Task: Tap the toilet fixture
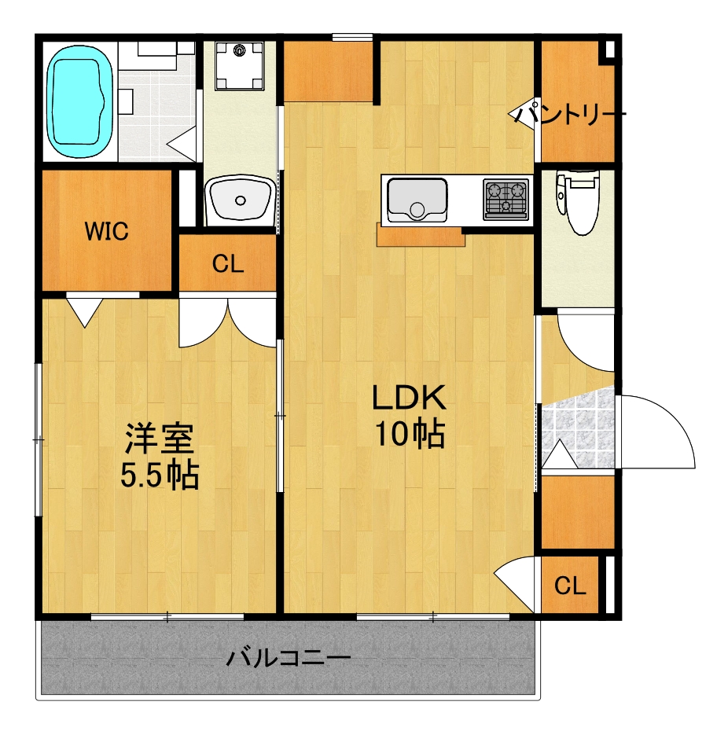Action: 577,201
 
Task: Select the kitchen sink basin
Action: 417,200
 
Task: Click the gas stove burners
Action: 506,199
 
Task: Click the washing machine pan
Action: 239,65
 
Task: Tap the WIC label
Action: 106,231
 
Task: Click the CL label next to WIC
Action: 227,264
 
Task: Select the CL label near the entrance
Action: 569,585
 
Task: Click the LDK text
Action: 409,398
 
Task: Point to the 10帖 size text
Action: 410,434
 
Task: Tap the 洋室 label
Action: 159,439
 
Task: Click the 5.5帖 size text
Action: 160,475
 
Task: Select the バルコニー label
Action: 289,658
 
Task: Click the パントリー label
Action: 570,114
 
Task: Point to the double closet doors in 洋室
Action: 227,322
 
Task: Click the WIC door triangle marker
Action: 84,312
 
